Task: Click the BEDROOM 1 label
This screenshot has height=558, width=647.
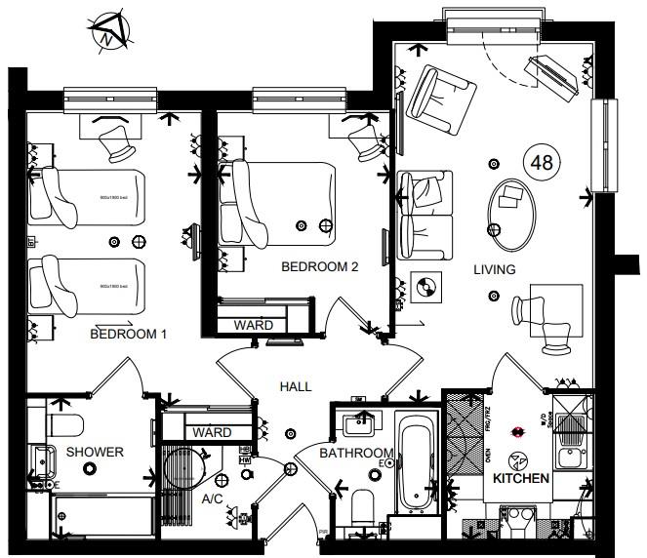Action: pyautogui.click(x=128, y=335)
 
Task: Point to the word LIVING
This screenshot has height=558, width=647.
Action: pyautogui.click(x=495, y=269)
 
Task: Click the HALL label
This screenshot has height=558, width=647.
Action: pyautogui.click(x=296, y=386)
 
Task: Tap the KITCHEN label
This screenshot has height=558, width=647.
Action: pyautogui.click(x=521, y=480)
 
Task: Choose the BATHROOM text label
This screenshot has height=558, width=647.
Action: pyautogui.click(x=357, y=453)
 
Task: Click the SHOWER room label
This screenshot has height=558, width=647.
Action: pyautogui.click(x=95, y=452)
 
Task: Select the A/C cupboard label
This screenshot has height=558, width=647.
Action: pyautogui.click(x=214, y=498)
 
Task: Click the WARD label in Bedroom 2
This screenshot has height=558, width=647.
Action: pyautogui.click(x=253, y=325)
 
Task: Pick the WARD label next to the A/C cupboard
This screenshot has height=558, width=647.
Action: pyautogui.click(x=212, y=432)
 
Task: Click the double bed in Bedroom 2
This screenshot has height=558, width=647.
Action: pyautogui.click(x=283, y=203)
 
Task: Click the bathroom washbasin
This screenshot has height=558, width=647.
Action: pyautogui.click(x=359, y=422)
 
